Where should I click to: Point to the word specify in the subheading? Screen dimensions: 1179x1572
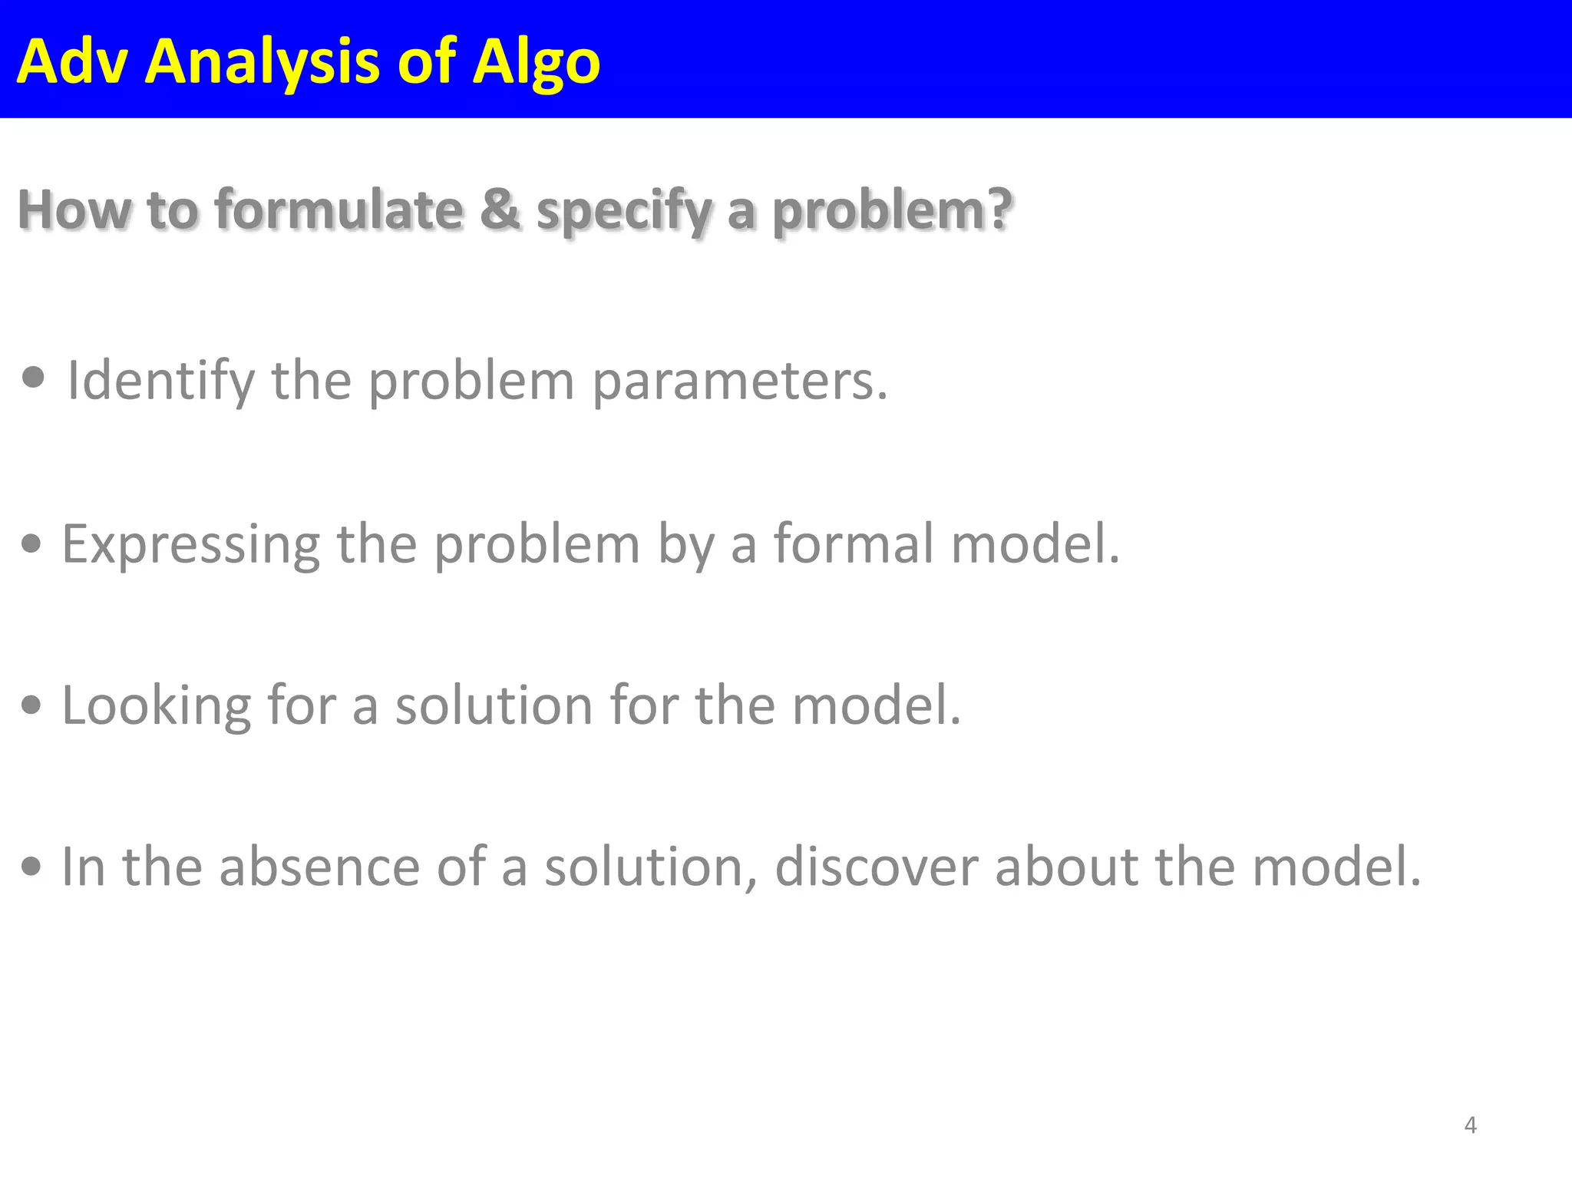[x=624, y=211]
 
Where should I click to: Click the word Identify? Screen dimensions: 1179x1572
[x=160, y=381]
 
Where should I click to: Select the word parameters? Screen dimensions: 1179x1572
[x=739, y=382]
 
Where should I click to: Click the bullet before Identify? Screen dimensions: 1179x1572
[x=33, y=378]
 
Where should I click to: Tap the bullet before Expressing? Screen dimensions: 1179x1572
[x=31, y=544]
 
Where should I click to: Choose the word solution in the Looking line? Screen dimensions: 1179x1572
[x=494, y=705]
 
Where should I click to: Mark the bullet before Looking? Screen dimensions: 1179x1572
[x=31, y=705]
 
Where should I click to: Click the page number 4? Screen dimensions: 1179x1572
[x=1470, y=1125]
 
